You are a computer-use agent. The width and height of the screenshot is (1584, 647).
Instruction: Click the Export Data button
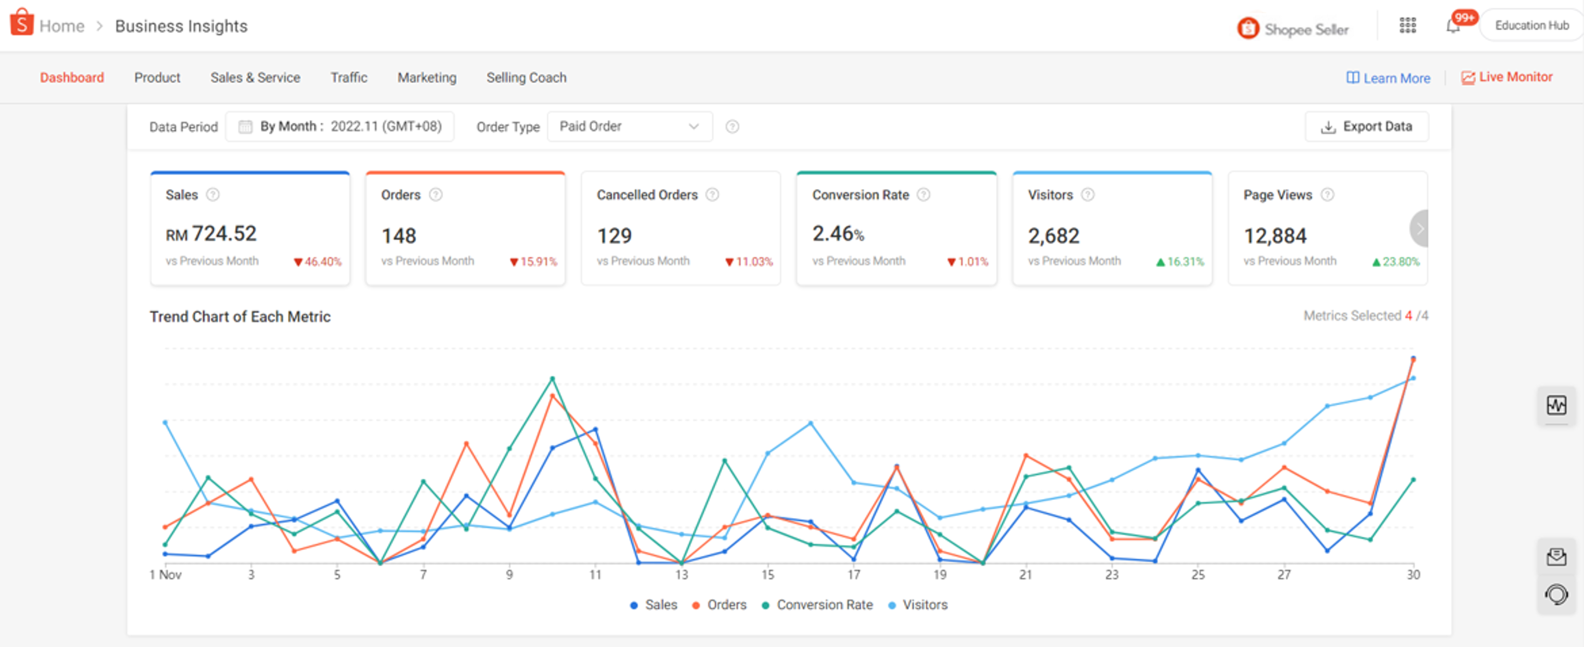(1366, 127)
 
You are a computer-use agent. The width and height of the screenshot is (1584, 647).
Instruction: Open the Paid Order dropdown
(629, 127)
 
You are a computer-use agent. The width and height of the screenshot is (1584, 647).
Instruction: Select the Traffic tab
(349, 78)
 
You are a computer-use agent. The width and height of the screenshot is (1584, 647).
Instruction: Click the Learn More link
(1388, 78)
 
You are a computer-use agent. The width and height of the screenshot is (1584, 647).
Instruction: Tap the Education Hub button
(1531, 25)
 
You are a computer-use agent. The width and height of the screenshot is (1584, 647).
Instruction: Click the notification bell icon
(1452, 26)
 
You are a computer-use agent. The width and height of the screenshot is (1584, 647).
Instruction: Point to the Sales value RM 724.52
(211, 234)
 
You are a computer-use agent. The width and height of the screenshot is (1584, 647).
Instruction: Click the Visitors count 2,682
(1054, 235)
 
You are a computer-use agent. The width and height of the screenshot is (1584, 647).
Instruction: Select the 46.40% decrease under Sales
(318, 261)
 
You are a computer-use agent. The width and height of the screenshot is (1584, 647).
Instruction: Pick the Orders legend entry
(720, 604)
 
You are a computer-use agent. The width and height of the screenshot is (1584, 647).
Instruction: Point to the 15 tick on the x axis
(768, 575)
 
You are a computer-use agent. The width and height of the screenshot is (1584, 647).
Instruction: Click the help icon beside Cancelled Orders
(712, 195)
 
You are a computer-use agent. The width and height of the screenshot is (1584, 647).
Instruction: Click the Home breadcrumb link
(61, 26)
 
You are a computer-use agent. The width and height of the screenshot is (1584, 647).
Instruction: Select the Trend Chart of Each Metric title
(240, 317)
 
